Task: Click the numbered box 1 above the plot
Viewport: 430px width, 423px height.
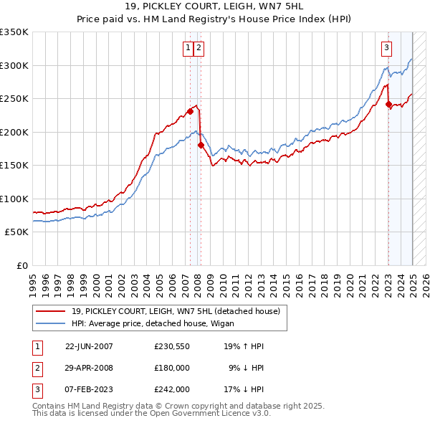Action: click(188, 48)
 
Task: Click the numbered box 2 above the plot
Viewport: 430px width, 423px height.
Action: click(199, 48)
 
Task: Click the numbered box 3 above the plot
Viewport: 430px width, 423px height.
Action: click(386, 48)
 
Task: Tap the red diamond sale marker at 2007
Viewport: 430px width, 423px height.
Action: click(190, 111)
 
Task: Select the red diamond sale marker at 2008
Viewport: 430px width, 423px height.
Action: click(201, 145)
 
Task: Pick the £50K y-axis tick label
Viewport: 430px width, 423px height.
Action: click(16, 232)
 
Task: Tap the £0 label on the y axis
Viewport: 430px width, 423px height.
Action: click(21, 265)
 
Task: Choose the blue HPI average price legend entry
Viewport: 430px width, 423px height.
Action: click(158, 323)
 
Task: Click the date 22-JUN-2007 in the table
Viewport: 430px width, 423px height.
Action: click(89, 346)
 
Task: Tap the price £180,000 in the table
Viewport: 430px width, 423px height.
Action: click(171, 368)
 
